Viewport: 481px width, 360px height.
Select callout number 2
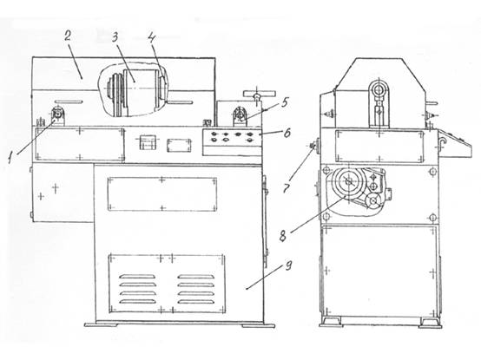coord(68,36)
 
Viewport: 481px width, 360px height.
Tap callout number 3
coord(115,37)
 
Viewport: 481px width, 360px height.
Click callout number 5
coord(285,102)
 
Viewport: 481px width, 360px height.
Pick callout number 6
coord(287,133)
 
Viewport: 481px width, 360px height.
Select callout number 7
coord(287,188)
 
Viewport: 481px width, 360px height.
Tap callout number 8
coord(283,236)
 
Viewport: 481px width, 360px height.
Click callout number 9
coord(288,265)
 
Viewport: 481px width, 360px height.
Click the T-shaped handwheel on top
coord(259,94)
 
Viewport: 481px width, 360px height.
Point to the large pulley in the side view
coord(349,183)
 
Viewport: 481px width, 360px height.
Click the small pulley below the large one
coord(373,201)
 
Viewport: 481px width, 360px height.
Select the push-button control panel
coord(232,137)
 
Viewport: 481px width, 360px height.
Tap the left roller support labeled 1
coord(57,115)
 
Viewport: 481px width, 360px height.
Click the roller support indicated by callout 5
coord(240,116)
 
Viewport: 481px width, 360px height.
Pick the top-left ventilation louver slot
coord(137,277)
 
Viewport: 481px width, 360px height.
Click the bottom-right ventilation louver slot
coord(195,302)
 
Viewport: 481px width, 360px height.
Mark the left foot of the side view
coord(331,323)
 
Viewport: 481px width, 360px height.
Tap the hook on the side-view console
coord(441,143)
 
